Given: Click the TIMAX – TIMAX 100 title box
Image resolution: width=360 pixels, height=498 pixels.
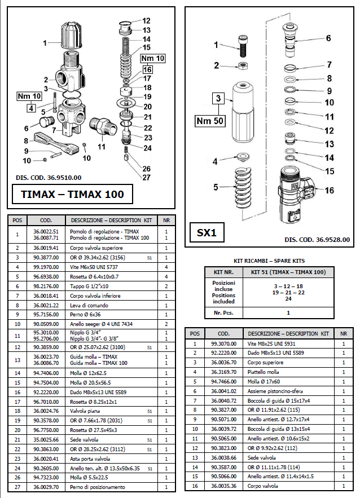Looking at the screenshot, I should click(73, 195).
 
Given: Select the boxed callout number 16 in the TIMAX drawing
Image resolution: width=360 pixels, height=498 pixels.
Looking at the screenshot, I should click(147, 69).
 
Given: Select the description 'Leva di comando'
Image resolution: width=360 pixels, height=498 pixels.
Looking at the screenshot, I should click(89, 305).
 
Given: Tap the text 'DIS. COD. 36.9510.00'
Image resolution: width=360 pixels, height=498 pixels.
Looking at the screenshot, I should click(49, 178).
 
